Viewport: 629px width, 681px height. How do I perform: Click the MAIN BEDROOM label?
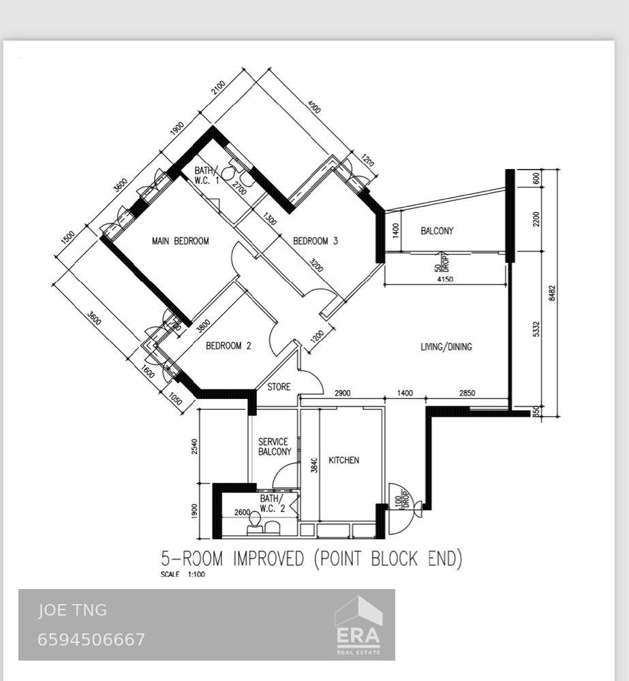coord(180,241)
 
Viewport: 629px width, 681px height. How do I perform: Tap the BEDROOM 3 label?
coord(316,241)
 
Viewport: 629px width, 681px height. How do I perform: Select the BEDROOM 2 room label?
coord(228,346)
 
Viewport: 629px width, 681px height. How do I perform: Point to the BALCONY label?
coord(437,231)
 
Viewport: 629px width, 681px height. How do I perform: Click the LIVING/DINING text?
coord(446,347)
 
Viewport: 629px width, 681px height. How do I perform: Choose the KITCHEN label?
coord(343,460)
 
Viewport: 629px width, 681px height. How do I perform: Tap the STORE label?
coord(279,387)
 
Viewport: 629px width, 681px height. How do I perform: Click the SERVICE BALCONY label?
coord(274,447)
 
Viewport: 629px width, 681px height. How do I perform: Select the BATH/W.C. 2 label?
coord(272,503)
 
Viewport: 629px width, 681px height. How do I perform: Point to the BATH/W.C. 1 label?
coord(207,176)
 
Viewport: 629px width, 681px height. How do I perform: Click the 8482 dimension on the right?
coord(552,293)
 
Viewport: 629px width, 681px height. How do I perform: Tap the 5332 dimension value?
coord(536,328)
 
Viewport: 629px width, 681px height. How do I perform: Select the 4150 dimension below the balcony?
coord(444,279)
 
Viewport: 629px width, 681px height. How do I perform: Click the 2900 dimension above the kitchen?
coord(343,394)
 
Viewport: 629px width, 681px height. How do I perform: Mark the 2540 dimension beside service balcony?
coord(195,447)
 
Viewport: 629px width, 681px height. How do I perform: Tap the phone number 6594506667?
coord(91,639)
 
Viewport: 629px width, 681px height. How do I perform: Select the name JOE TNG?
coord(72,610)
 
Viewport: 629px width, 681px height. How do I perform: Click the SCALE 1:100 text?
coord(183,575)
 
